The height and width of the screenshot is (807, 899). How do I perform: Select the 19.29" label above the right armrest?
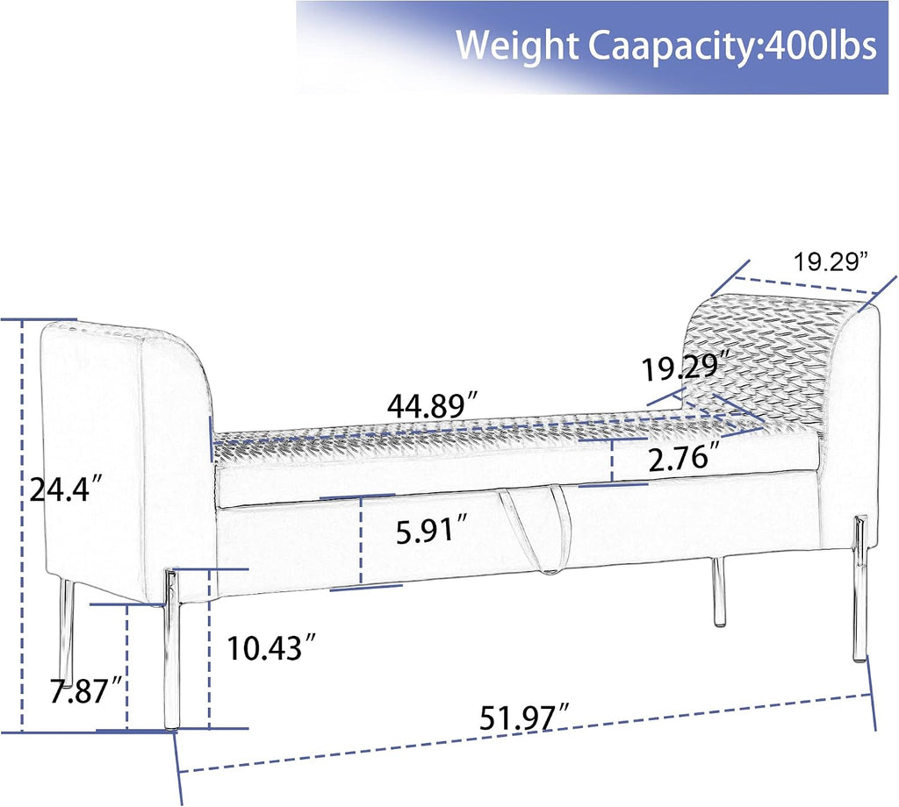pos(829,262)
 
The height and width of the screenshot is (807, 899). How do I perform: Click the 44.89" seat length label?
pos(432,406)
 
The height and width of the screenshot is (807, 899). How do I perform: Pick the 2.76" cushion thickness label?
pos(684,458)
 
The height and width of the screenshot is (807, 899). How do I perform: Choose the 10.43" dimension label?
pos(271,647)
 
